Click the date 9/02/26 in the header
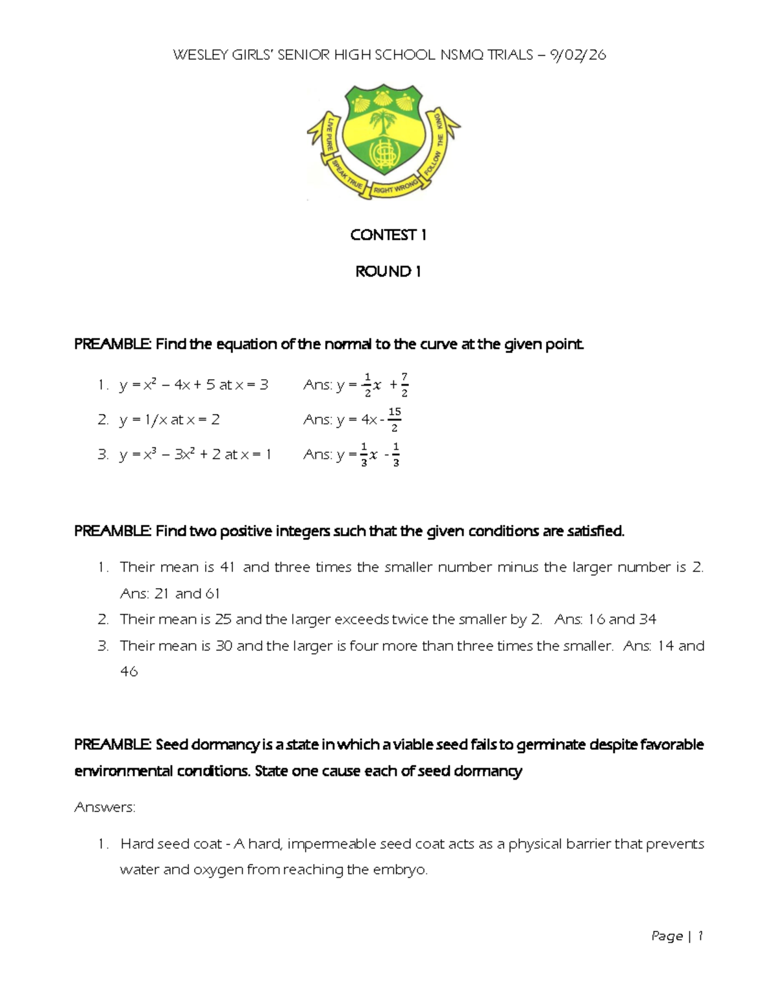(x=577, y=55)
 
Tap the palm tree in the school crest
(x=383, y=124)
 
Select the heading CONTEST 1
(x=388, y=235)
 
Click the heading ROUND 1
(x=388, y=271)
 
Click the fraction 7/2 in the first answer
(x=404, y=385)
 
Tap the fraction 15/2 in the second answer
(x=394, y=420)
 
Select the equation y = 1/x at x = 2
(x=169, y=420)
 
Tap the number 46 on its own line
(x=129, y=672)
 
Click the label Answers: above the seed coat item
(x=105, y=807)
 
